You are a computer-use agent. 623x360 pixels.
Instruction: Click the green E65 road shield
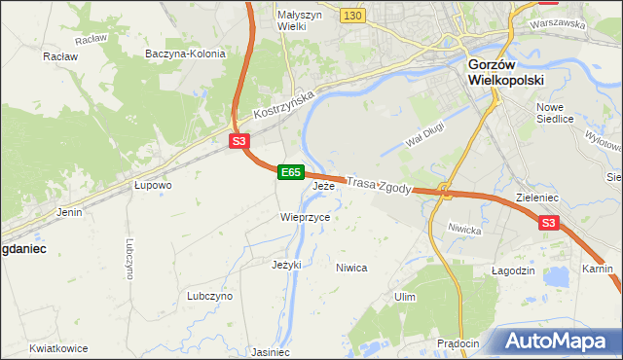tap(290, 172)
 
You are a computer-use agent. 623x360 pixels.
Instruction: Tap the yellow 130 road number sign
tap(352, 16)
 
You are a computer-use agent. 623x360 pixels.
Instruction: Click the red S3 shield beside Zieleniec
tap(549, 224)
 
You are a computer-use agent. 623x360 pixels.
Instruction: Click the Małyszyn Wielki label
tap(277, 20)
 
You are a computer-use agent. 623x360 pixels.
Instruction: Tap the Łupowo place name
tap(153, 184)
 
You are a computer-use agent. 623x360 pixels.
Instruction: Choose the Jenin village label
tap(69, 211)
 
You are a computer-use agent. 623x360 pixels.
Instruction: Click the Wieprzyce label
tap(305, 217)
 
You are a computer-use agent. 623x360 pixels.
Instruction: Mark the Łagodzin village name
tap(513, 270)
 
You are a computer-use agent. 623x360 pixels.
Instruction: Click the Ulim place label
tap(405, 296)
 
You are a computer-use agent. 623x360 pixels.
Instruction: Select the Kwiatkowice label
tap(58, 348)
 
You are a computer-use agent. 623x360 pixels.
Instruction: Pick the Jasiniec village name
tap(271, 352)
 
